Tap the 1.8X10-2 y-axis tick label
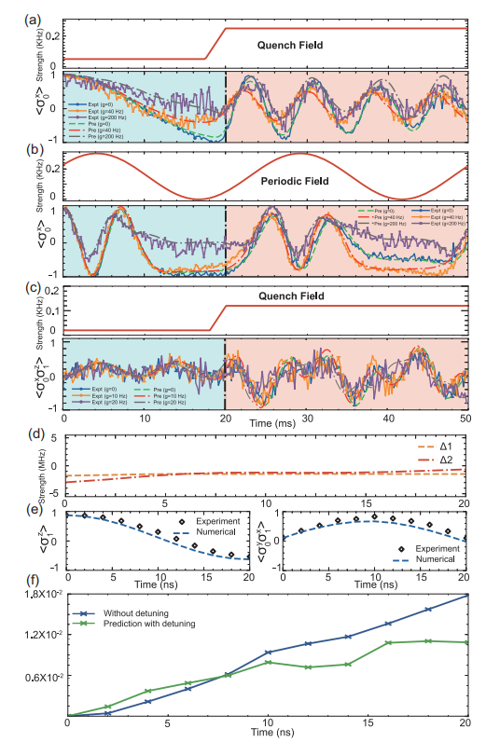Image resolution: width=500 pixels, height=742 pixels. tap(38, 594)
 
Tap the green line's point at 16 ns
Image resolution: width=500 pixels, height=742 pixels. tap(387, 642)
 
